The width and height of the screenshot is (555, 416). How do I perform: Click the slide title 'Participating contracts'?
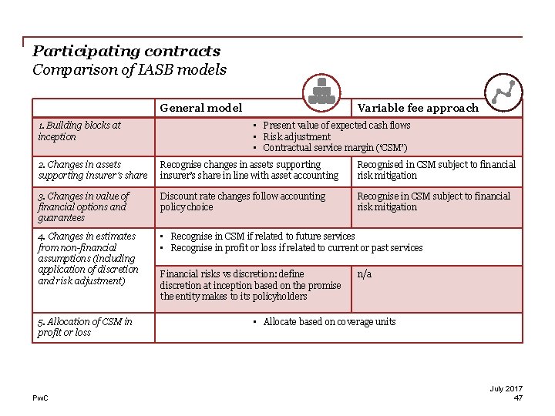[x=126, y=52]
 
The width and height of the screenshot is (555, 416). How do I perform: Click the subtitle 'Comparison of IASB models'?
[x=129, y=70]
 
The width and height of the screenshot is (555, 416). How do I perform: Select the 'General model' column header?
[x=200, y=108]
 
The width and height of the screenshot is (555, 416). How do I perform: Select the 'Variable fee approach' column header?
[x=418, y=108]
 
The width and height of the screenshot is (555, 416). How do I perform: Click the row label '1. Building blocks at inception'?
[x=79, y=131]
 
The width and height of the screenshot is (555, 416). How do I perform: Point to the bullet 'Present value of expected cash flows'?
[x=336, y=125]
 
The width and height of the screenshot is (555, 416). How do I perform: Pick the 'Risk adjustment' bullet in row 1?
[x=297, y=136]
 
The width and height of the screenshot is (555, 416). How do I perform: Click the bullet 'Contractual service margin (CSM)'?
[x=335, y=147]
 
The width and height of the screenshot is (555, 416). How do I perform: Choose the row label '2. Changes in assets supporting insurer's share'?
[x=92, y=169]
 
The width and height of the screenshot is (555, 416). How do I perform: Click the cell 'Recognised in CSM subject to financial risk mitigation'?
[x=436, y=169]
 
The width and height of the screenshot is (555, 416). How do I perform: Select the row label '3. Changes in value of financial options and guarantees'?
[x=83, y=206]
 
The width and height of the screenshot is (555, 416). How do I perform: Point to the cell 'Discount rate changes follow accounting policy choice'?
[x=242, y=201]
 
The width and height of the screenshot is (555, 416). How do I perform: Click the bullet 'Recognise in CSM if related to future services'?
[x=262, y=237]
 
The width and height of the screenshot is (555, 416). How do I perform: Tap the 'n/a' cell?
[x=364, y=274]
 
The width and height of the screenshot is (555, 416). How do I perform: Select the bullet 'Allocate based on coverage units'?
[x=329, y=321]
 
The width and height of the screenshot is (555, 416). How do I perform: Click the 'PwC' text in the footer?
[x=40, y=398]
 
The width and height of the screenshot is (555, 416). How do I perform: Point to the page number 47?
[x=518, y=398]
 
